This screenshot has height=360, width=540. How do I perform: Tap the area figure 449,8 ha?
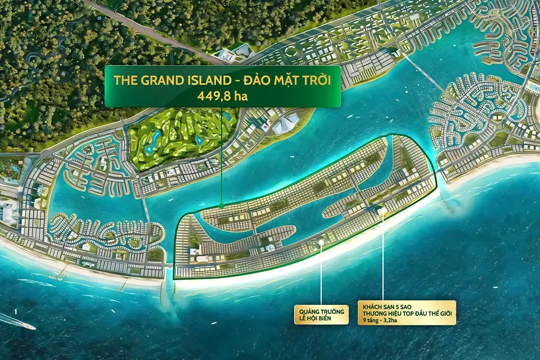[x=222, y=96]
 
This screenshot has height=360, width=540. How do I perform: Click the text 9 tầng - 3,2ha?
[x=384, y=321]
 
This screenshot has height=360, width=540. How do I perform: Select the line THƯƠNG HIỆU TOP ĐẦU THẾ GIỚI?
[x=406, y=313]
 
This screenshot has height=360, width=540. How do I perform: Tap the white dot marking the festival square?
[x=321, y=243]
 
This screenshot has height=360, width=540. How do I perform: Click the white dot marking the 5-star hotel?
[x=383, y=211]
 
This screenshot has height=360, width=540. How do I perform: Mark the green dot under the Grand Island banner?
[x=222, y=205]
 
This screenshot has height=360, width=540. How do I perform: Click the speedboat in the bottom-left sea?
[x=17, y=321]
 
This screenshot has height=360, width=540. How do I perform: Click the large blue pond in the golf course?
[x=151, y=142]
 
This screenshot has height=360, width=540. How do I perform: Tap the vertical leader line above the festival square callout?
[x=321, y=276]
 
